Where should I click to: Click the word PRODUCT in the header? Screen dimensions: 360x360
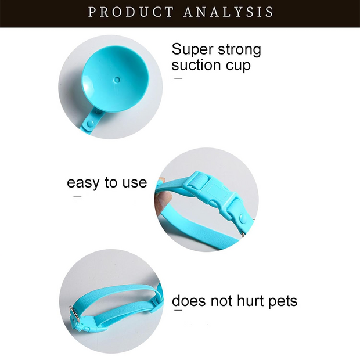130,12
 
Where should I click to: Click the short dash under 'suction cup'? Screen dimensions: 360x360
178,77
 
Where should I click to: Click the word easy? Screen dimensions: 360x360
84,183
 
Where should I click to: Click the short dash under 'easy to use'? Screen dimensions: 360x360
77,197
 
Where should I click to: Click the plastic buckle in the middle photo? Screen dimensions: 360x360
216,195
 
